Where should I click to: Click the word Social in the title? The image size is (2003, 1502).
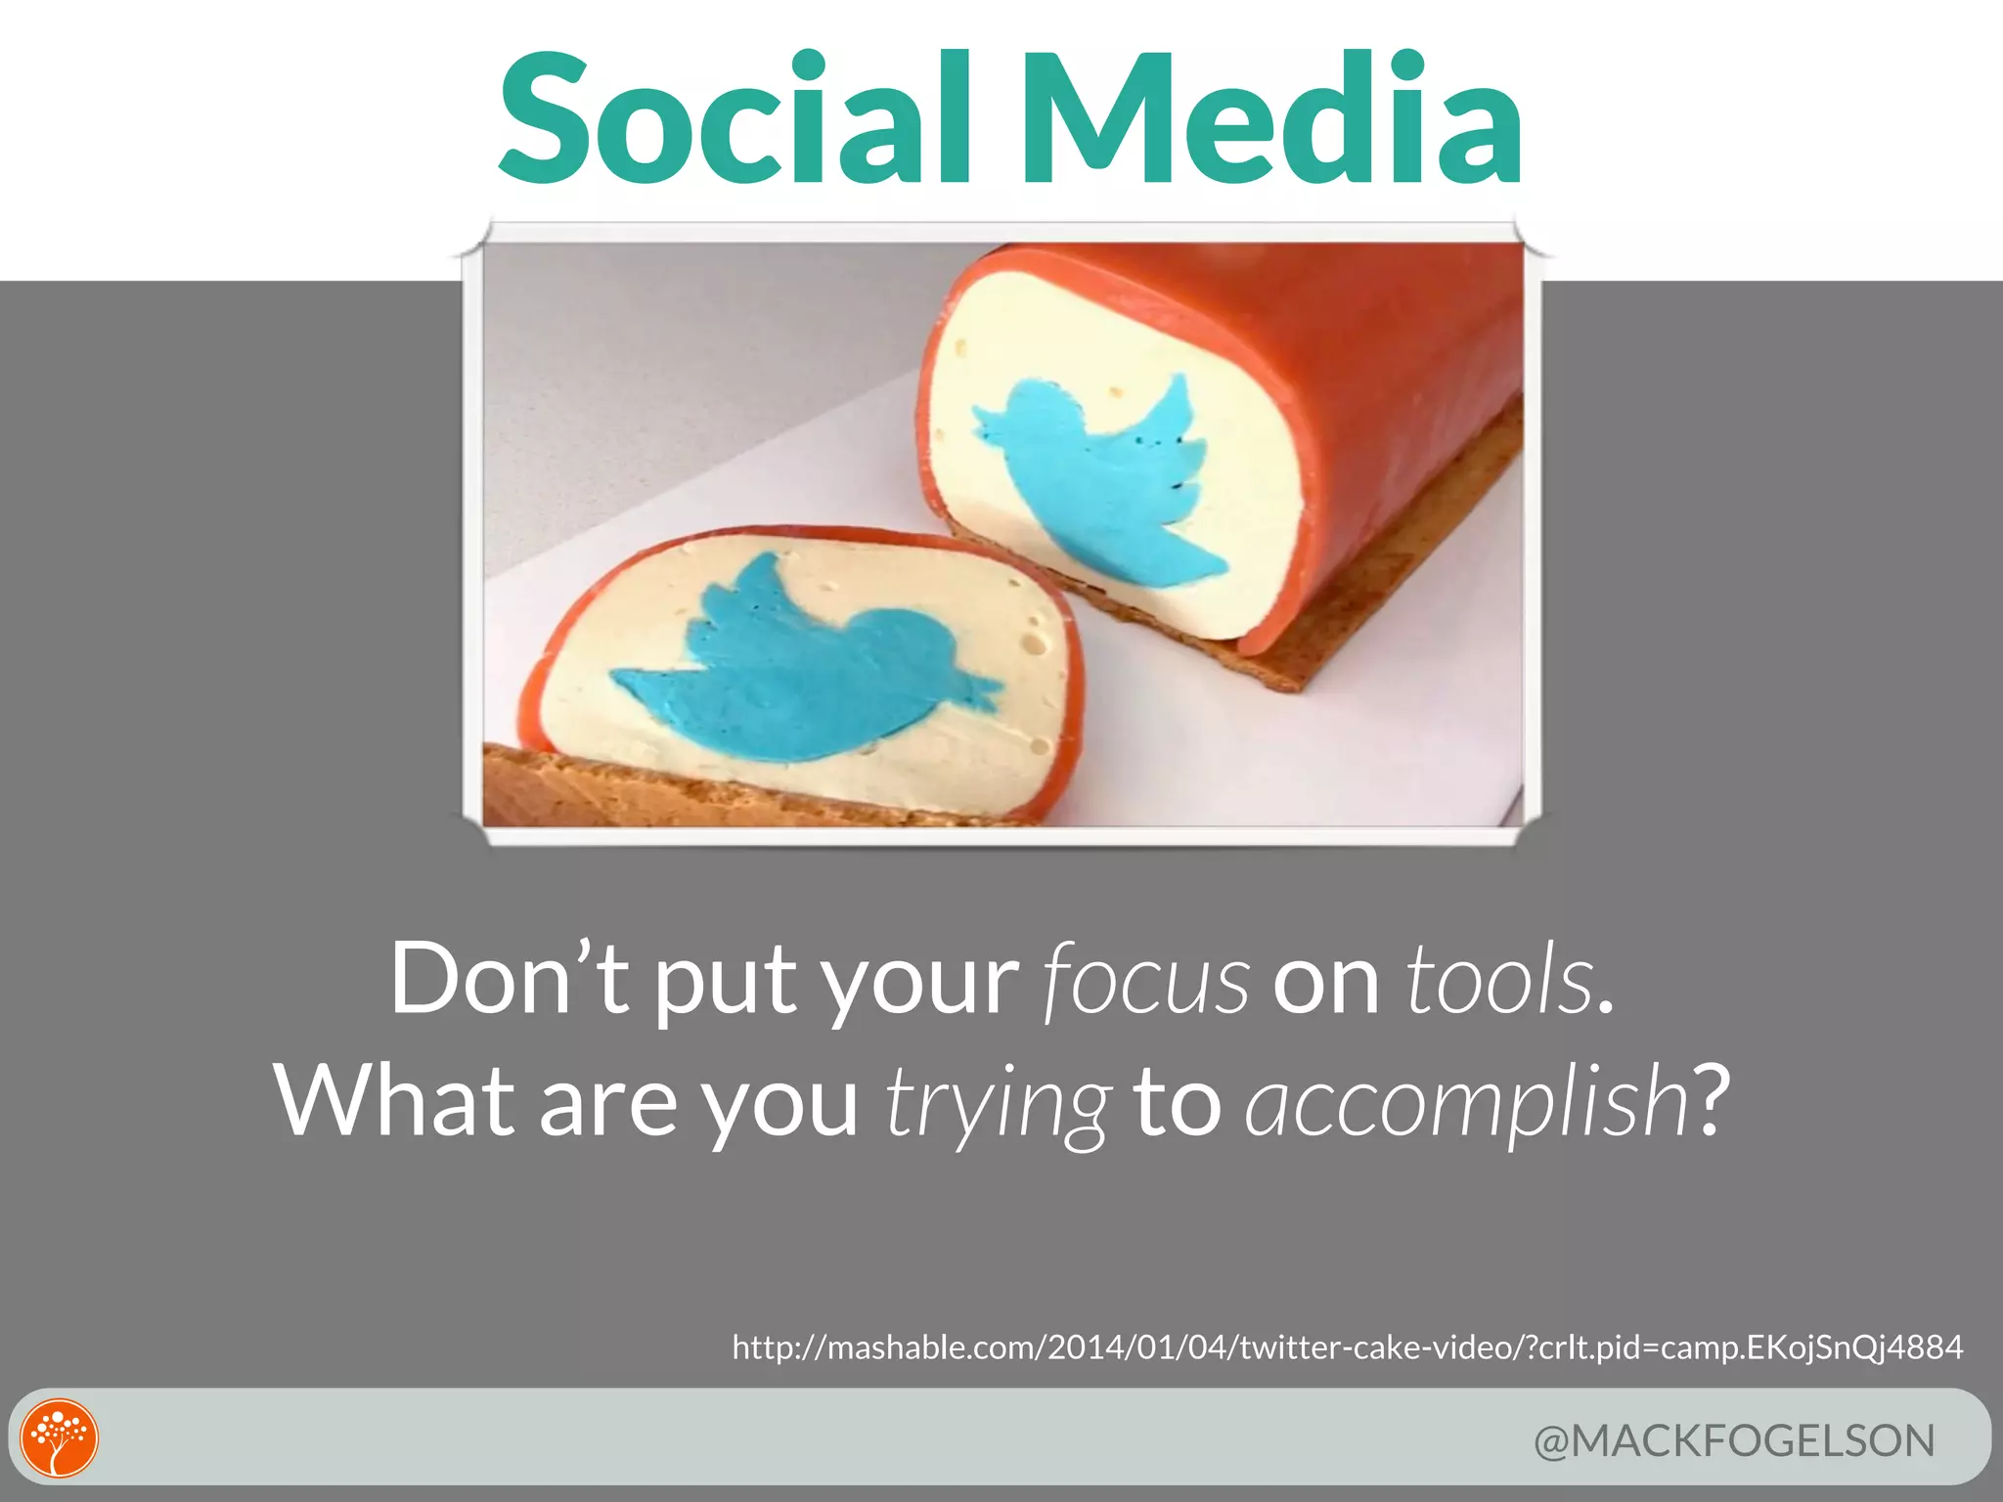[x=734, y=119]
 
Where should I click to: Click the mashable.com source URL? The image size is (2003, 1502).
[x=1347, y=1347]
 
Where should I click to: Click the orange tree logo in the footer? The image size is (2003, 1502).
[x=60, y=1437]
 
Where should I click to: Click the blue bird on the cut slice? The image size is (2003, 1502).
[x=802, y=665]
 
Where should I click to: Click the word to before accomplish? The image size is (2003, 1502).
[x=1178, y=1102]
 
